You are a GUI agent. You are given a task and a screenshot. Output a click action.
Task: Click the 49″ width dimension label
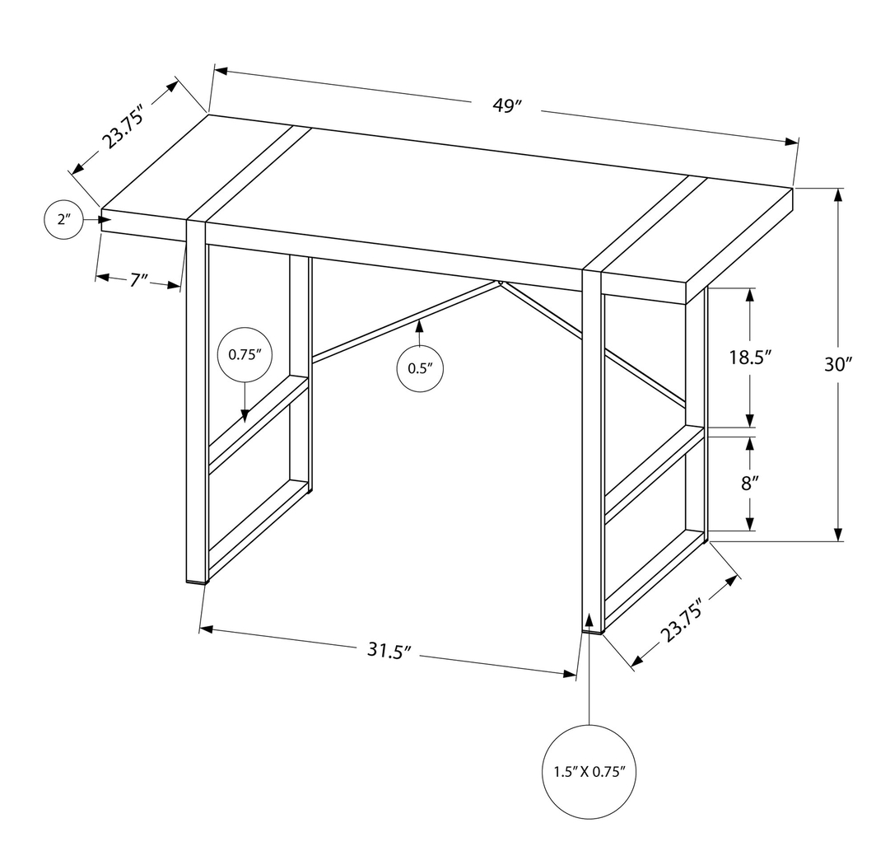click(508, 106)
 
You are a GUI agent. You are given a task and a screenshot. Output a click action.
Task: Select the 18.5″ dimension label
click(748, 358)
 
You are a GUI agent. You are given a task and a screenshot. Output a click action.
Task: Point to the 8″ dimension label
click(748, 484)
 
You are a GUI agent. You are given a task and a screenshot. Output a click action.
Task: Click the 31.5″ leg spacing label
click(389, 652)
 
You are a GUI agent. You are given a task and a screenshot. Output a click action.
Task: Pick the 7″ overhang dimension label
click(137, 281)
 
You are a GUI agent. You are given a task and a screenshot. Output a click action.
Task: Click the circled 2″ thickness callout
click(64, 220)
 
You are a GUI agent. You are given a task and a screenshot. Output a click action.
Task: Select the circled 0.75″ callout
click(245, 355)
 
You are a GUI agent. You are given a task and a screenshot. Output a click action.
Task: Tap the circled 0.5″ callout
click(419, 368)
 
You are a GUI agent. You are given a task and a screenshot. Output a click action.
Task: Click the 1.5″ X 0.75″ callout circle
click(589, 772)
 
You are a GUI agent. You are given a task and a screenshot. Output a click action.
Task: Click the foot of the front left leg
click(196, 580)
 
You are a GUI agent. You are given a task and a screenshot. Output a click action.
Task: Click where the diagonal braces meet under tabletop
click(500, 283)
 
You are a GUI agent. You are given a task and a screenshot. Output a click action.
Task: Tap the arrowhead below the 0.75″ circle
click(245, 416)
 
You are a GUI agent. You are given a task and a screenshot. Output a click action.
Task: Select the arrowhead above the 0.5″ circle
click(419, 325)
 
